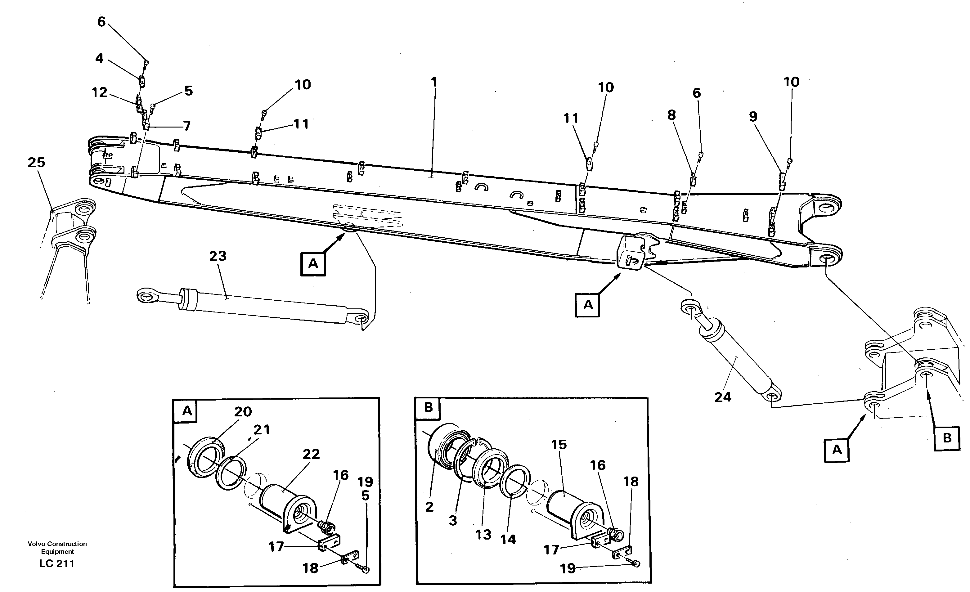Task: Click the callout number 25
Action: tap(36, 162)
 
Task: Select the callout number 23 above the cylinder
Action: tap(218, 256)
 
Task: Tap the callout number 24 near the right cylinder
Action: tap(723, 397)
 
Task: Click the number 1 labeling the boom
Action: tap(434, 82)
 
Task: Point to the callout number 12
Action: tap(99, 92)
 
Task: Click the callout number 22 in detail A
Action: tap(311, 454)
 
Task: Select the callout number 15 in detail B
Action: tap(559, 445)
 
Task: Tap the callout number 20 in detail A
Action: tap(243, 412)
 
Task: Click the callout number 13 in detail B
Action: tap(483, 535)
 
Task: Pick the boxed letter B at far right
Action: tap(947, 438)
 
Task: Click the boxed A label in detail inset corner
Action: tap(187, 411)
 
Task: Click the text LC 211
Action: tap(57, 564)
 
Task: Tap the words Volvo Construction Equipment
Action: tap(57, 548)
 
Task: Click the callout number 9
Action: tap(753, 117)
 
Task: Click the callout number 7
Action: tap(187, 126)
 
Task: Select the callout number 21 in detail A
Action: tap(261, 429)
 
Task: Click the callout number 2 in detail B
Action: tap(429, 507)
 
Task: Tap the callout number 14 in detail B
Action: tap(508, 539)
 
